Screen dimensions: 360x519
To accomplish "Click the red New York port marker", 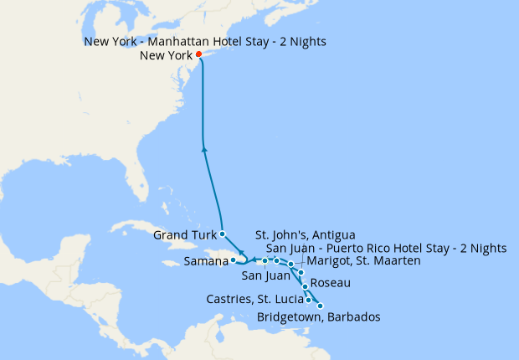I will [199, 55].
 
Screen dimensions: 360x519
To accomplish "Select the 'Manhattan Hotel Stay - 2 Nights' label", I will [205, 41].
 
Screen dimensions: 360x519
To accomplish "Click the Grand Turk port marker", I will [222, 233].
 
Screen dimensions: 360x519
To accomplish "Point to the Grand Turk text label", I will [184, 235].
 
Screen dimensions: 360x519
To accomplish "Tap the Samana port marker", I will [234, 260].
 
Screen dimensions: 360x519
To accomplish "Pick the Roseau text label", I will [330, 284].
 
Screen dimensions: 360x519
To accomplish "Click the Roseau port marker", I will [305, 286].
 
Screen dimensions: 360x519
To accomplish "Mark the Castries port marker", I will [309, 300].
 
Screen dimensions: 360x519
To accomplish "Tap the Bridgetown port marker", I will [320, 306].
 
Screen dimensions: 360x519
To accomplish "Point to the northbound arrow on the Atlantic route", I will [205, 150].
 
